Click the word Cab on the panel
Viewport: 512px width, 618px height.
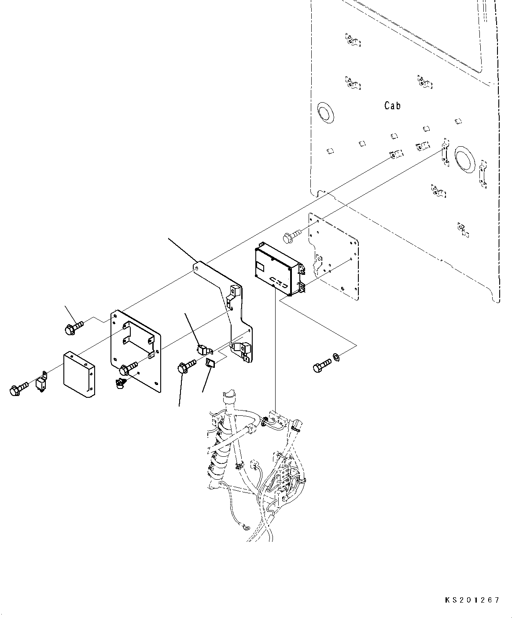[392, 106]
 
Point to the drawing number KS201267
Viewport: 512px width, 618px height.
[471, 600]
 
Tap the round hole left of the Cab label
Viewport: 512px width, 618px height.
[325, 112]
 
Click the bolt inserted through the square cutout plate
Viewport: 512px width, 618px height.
[128, 366]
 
